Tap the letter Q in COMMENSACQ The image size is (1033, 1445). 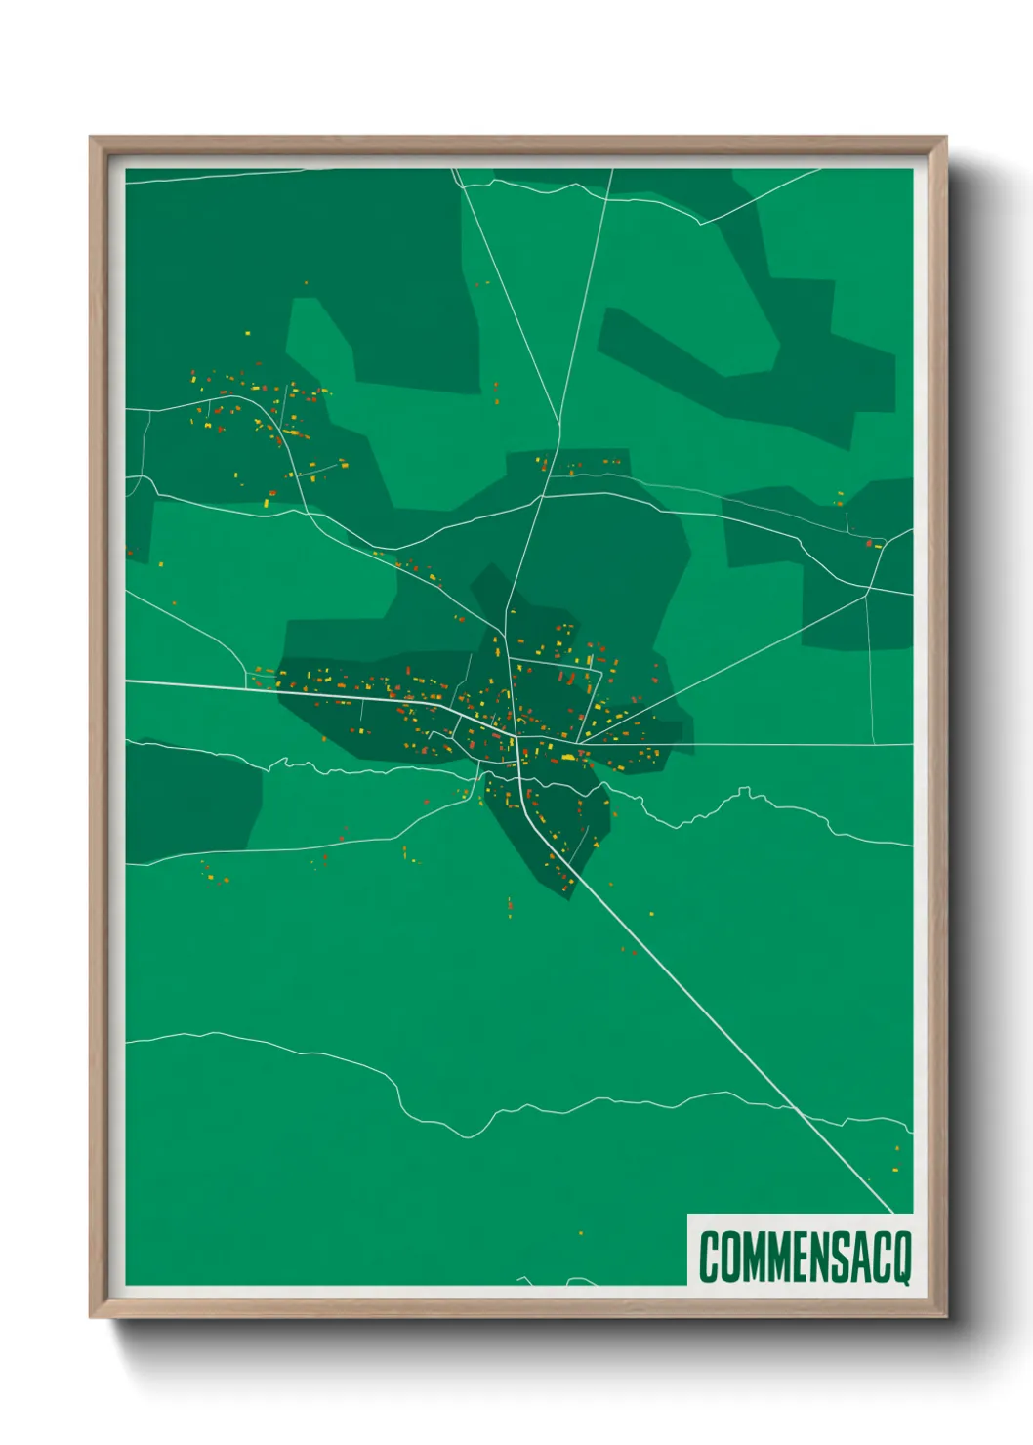[x=900, y=1257]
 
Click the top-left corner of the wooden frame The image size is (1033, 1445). [x=91, y=138]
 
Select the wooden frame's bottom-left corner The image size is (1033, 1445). [x=91, y=1317]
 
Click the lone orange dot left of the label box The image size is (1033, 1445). [x=581, y=1233]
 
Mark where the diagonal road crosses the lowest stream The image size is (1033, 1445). [x=798, y=1111]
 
